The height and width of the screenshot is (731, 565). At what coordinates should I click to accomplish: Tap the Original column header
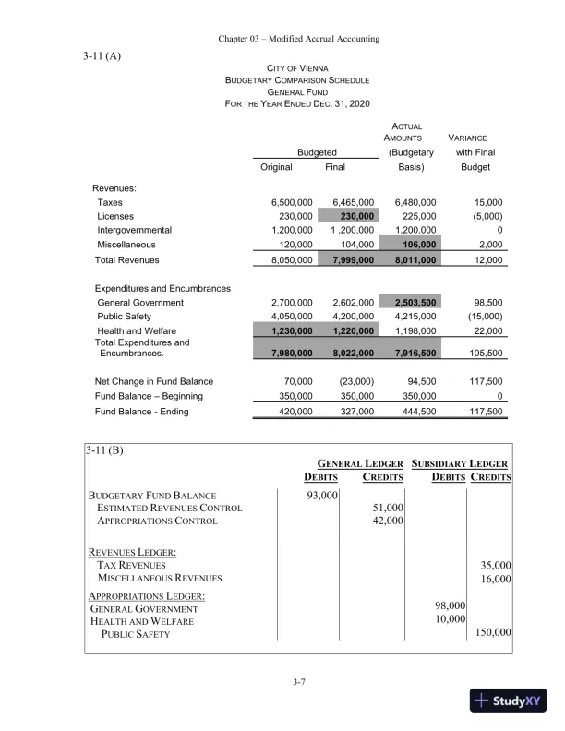(x=277, y=167)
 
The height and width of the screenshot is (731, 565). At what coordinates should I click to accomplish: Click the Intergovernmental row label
(x=135, y=230)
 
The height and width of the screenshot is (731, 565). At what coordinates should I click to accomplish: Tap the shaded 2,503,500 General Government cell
(x=415, y=302)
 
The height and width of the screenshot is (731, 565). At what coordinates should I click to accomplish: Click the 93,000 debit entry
(x=322, y=496)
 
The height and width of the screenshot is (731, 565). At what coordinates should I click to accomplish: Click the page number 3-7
(x=298, y=682)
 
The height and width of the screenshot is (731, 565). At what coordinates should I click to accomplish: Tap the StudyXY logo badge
(x=510, y=701)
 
